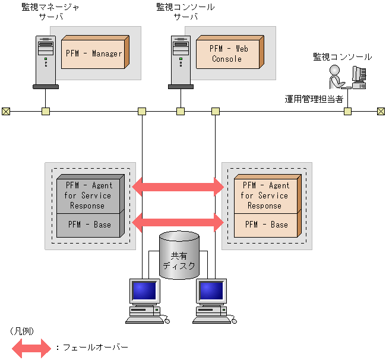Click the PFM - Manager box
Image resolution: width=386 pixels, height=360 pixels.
tap(94, 53)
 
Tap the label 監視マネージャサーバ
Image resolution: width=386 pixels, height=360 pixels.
tap(51, 11)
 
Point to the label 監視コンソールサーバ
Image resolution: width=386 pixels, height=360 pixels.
tap(185, 11)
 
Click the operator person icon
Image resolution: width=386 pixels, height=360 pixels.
tap(337, 76)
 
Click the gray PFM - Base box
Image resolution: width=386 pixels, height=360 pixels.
tap(89, 225)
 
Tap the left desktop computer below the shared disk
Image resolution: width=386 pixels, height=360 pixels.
tap(144, 300)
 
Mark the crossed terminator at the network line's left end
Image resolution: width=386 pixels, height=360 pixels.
tap(5, 111)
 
